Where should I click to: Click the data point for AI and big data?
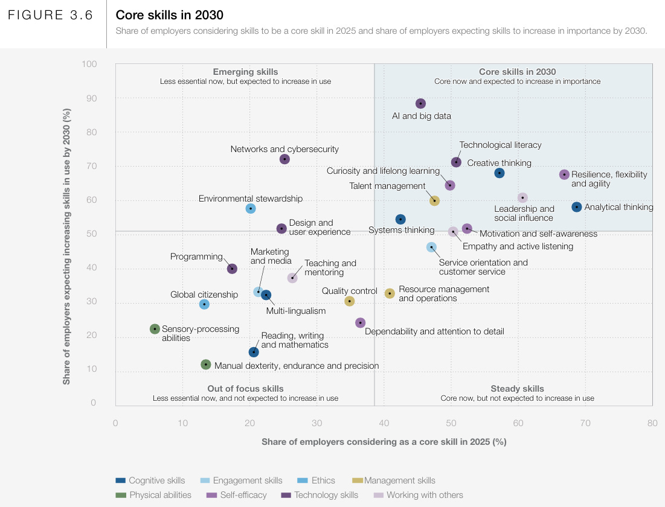[421, 104]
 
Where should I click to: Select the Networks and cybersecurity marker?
[284, 159]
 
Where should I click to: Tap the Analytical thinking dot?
[577, 207]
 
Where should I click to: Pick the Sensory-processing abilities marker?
[155, 329]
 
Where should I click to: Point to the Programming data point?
[232, 269]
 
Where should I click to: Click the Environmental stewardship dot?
[251, 209]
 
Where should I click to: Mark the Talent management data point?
[434, 201]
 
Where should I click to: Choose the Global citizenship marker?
[204, 304]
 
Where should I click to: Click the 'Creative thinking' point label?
[499, 163]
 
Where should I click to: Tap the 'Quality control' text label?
[349, 291]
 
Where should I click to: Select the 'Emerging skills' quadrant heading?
[245, 72]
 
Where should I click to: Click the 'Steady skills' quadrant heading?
[517, 389]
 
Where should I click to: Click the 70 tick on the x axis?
[585, 423]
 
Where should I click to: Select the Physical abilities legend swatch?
[121, 496]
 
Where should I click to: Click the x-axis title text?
[384, 442]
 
